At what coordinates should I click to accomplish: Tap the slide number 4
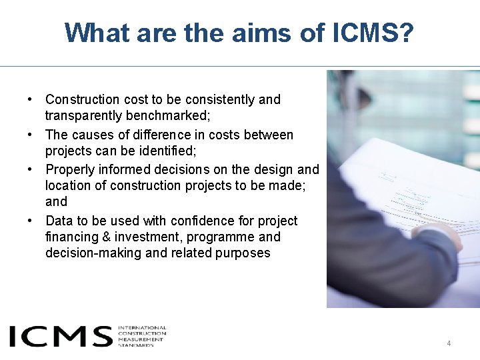pos(449,343)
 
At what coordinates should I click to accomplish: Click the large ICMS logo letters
pos(60,336)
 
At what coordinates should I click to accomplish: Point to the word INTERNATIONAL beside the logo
pos(142,328)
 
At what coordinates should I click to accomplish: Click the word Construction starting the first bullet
pos(81,99)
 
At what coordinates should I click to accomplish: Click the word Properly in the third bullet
pos(67,169)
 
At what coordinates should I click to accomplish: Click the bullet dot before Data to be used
pos(31,221)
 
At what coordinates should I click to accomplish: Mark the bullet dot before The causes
pos(31,135)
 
